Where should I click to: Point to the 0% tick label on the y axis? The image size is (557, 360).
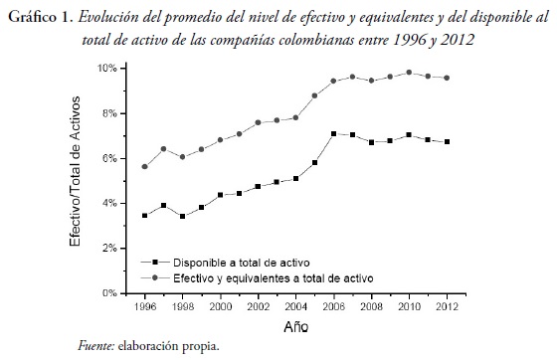pyautogui.click(x=107, y=293)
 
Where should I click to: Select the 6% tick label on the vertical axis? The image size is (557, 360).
pyautogui.click(x=107, y=158)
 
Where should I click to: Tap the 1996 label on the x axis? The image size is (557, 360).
pyautogui.click(x=145, y=307)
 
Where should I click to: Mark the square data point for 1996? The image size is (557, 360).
pyautogui.click(x=145, y=216)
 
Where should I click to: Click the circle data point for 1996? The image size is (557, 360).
pyautogui.click(x=145, y=167)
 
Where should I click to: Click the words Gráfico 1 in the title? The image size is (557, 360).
pyautogui.click(x=36, y=17)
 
